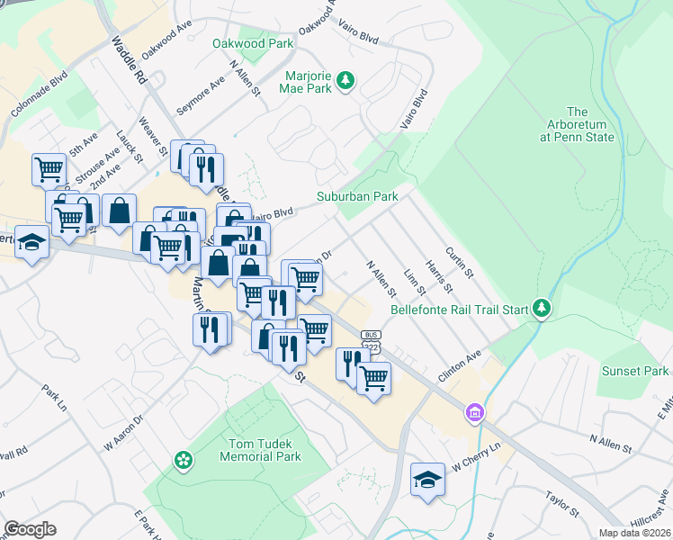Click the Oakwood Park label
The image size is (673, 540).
pyautogui.click(x=253, y=43)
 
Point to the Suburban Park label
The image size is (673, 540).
pyautogui.click(x=356, y=196)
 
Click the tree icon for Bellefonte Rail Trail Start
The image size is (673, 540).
pyautogui.click(x=541, y=310)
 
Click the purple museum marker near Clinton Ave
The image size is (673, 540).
pyautogui.click(x=475, y=414)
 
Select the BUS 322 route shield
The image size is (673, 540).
pyautogui.click(x=371, y=340)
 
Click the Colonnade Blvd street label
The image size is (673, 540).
pyautogui.click(x=40, y=97)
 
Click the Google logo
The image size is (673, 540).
pyautogui.click(x=30, y=529)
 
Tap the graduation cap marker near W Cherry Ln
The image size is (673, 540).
pyautogui.click(x=428, y=479)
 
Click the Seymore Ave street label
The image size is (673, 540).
pyautogui.click(x=201, y=95)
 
